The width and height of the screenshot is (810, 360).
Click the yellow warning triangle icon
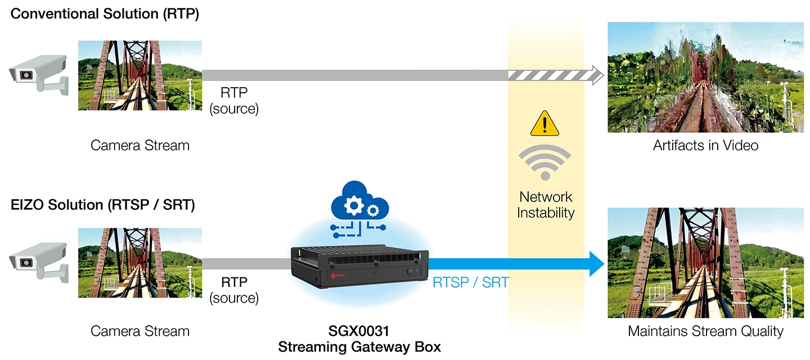tap(544, 124)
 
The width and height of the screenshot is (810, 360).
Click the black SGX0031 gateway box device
tap(359, 268)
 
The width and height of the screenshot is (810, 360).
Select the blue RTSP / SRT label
tap(470, 282)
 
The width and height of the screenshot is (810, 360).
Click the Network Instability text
tap(545, 205)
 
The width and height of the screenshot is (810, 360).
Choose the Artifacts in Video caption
tap(705, 146)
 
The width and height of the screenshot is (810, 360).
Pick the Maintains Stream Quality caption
tap(705, 331)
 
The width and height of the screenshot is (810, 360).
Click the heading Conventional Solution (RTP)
tap(105, 15)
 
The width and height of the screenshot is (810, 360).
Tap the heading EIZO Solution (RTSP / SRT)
tap(103, 205)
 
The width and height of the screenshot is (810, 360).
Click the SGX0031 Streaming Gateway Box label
tap(359, 339)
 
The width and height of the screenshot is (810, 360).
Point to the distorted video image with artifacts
tap(705, 77)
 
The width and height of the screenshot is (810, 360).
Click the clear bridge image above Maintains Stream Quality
tap(705, 263)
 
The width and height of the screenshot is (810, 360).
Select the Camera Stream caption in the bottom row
tap(140, 331)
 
